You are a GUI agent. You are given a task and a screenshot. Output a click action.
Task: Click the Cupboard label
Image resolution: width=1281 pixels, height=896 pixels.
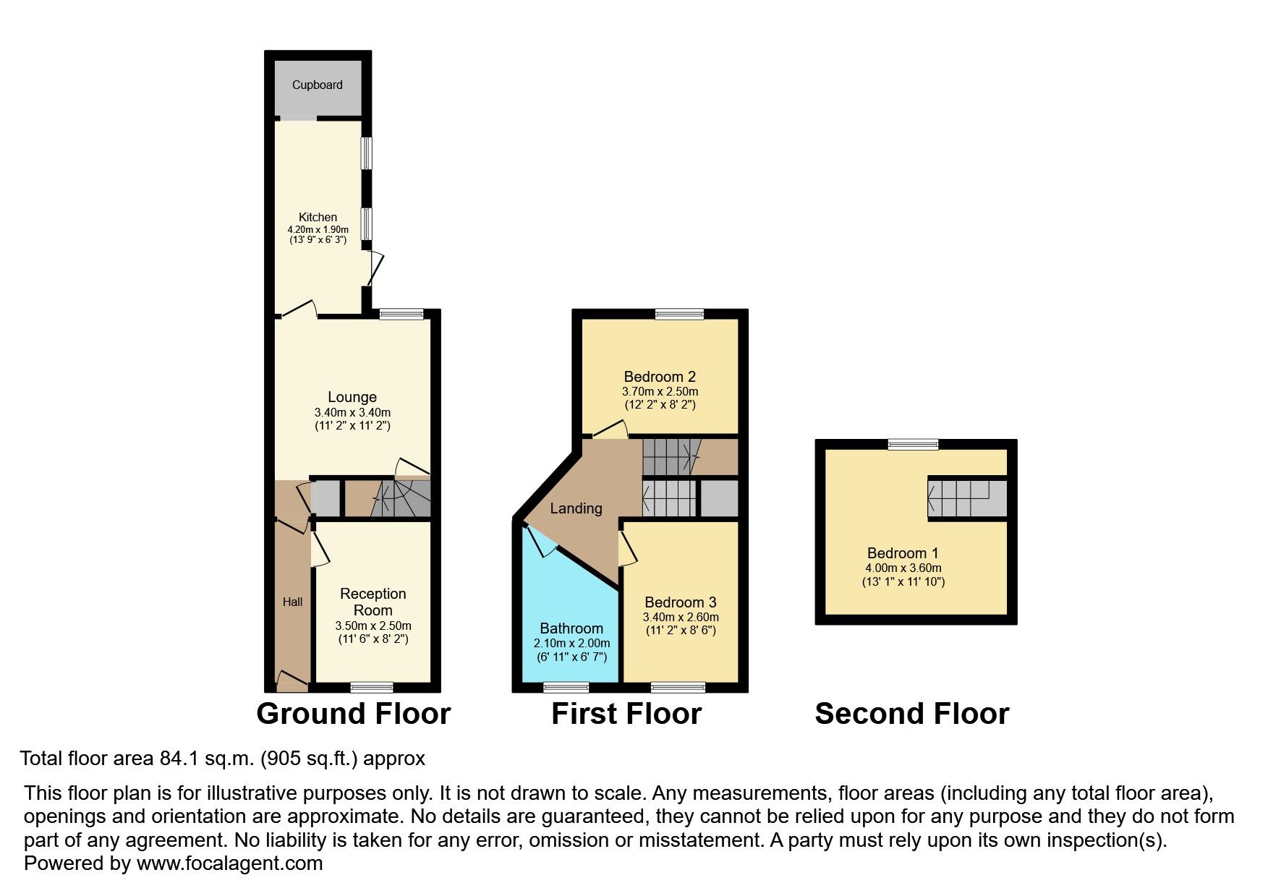pos(317,85)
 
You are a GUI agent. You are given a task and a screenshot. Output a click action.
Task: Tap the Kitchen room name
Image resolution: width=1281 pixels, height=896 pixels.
pos(318,217)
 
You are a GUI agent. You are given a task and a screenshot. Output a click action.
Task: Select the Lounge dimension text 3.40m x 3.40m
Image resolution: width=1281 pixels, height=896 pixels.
pos(352,412)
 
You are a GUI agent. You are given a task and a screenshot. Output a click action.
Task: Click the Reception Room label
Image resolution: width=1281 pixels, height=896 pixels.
pos(373,602)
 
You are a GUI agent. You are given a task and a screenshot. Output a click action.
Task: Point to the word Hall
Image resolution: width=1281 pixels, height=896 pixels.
pos(292,602)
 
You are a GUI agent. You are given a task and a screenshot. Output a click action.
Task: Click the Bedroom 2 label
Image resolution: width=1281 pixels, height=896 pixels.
pos(660,376)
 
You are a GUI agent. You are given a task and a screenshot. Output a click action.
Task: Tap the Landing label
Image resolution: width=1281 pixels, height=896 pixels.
pos(576,508)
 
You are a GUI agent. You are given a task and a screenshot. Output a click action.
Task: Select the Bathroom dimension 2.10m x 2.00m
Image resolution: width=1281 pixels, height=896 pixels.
pos(571,643)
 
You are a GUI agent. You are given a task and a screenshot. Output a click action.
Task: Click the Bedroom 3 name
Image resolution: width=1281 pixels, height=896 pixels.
pos(681,602)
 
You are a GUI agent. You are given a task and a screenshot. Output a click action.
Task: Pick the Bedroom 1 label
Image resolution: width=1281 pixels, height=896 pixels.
pos(903,553)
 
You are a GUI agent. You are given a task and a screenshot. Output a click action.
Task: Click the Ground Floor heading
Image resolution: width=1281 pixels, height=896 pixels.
pos(354,714)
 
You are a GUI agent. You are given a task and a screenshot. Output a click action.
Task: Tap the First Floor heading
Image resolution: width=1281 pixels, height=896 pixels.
pos(626,714)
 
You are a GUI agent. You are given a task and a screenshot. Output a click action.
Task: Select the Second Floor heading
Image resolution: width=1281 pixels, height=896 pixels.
pos(912,714)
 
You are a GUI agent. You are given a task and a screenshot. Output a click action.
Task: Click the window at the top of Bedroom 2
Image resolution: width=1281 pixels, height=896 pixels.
pos(680,314)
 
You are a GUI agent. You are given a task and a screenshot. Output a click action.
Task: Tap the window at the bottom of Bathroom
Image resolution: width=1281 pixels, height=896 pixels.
pos(566,687)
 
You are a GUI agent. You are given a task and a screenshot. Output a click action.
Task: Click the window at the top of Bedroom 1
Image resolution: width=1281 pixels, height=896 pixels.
pos(914,444)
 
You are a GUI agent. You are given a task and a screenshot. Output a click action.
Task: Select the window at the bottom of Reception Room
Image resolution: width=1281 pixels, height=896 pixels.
pos(372,687)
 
